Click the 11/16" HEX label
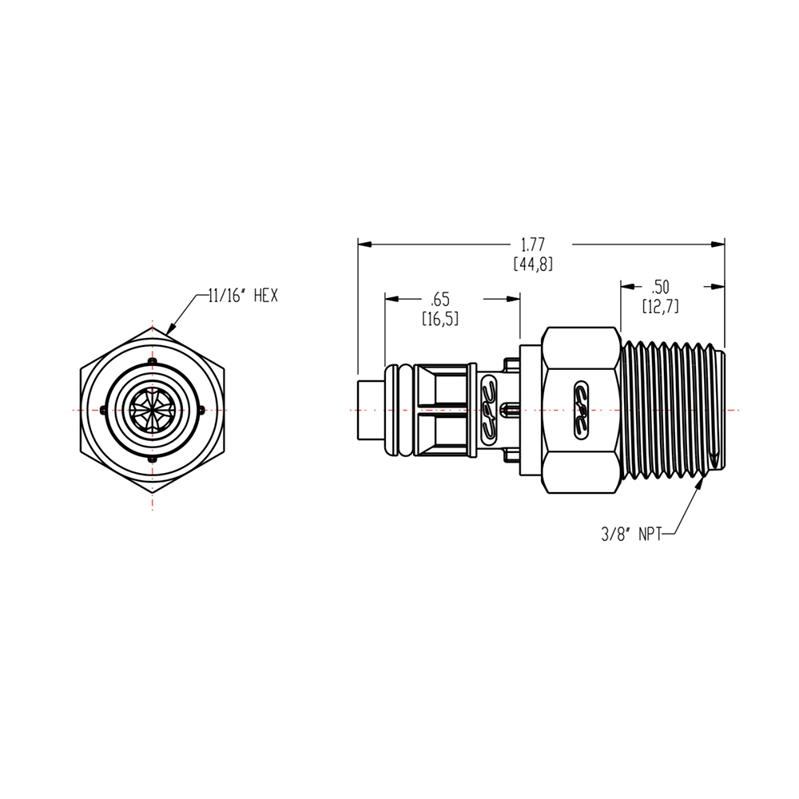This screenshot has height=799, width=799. pyautogui.click(x=241, y=296)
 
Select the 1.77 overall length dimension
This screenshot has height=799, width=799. pyautogui.click(x=533, y=243)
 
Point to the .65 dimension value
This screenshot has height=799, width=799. pyautogui.click(x=440, y=300)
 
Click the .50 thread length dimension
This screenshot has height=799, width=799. pyautogui.click(x=660, y=286)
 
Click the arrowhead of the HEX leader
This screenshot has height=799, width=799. pyautogui.click(x=171, y=329)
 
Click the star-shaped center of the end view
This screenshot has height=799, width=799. pyautogui.click(x=152, y=410)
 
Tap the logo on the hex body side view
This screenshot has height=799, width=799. pyautogui.click(x=580, y=410)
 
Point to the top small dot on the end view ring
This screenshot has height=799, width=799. pyautogui.click(x=152, y=364)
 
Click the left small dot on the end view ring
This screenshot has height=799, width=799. pyautogui.click(x=105, y=410)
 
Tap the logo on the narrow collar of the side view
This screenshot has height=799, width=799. pyautogui.click(x=488, y=409)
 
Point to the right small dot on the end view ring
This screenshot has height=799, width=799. pyautogui.click(x=199, y=410)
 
